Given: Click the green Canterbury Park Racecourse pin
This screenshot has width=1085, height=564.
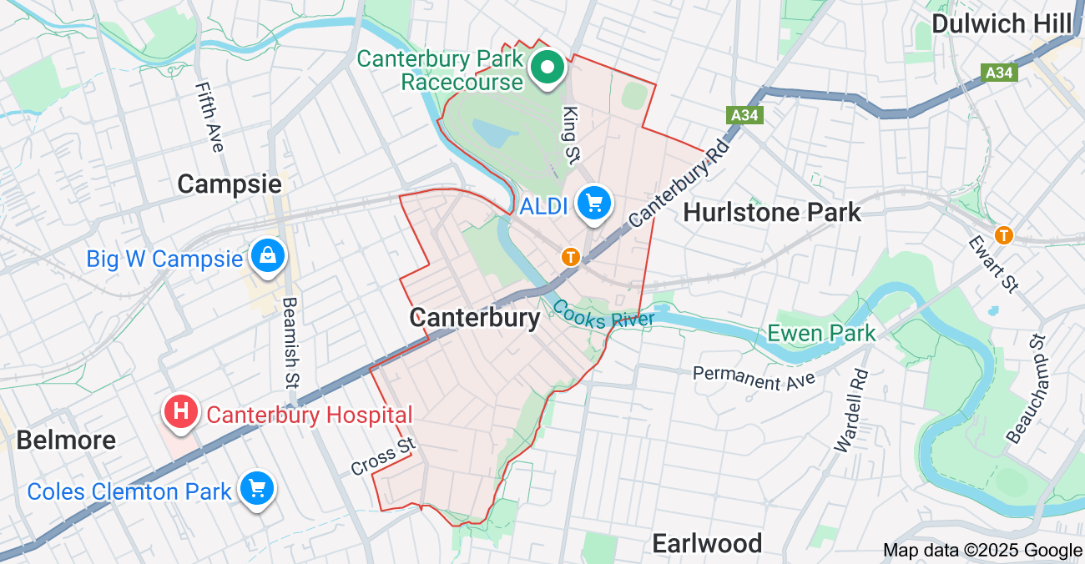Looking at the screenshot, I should [548, 67].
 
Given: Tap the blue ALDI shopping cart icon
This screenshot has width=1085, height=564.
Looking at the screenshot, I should [594, 203].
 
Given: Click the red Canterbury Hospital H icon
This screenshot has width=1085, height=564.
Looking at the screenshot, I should [181, 411].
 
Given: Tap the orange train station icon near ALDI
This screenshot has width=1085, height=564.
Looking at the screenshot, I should [571, 257].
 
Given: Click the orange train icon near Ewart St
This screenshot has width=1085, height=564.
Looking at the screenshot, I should [1003, 235].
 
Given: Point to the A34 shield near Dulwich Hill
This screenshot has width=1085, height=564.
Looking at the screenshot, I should [999, 73].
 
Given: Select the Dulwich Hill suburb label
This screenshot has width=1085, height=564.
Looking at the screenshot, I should [1001, 24].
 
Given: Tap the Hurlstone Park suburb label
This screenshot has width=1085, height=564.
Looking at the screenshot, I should [772, 213].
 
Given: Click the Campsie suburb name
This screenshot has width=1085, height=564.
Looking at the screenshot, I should [230, 184].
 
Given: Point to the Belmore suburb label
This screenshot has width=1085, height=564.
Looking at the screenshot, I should [66, 440].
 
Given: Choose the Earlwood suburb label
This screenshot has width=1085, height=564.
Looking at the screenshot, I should [707, 544].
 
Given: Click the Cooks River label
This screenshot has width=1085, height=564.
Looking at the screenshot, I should [603, 314].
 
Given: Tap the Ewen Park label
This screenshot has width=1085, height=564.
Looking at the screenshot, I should [821, 334].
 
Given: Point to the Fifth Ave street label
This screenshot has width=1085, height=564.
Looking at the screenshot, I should [209, 117].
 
